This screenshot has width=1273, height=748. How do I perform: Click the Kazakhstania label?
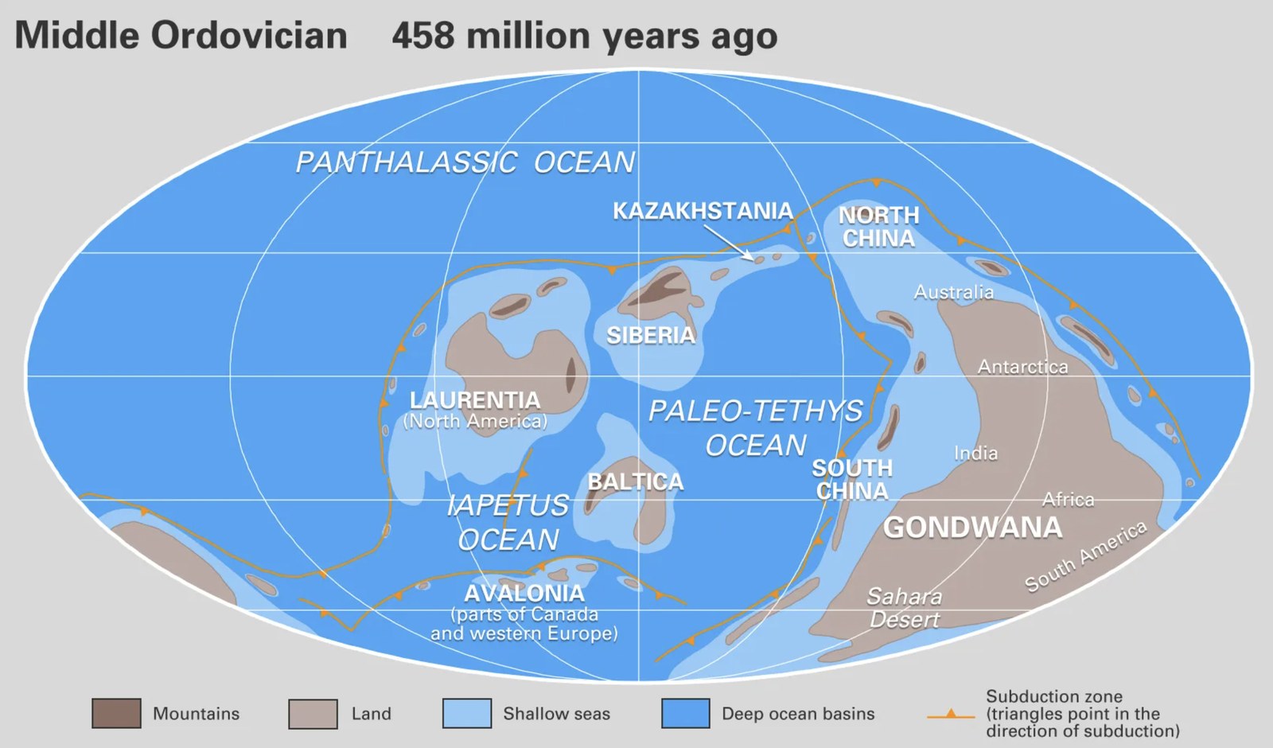click(x=703, y=211)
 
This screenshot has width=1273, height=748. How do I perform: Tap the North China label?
click(x=878, y=227)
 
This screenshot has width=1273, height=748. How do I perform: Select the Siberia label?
click(x=651, y=336)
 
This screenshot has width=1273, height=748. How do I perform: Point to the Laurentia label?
click(x=475, y=400)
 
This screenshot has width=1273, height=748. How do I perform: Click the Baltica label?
click(x=636, y=482)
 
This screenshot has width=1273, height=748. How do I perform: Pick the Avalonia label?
click(x=524, y=594)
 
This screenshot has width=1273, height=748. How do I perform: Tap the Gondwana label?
click(x=972, y=528)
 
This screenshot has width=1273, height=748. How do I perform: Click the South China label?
click(x=852, y=479)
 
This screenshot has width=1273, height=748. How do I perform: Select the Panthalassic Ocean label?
click(x=465, y=162)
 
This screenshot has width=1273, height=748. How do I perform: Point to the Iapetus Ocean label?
click(x=508, y=522)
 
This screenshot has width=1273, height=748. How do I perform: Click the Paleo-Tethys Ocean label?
click(x=756, y=427)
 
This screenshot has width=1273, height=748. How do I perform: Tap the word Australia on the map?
click(x=954, y=292)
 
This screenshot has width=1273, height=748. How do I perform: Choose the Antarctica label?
click(x=1023, y=367)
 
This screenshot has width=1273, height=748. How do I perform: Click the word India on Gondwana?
click(x=976, y=454)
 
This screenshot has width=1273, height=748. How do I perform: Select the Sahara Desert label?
click(x=905, y=607)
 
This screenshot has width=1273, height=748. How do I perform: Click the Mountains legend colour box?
click(x=116, y=714)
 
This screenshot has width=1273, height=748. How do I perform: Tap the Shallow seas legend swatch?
click(x=466, y=714)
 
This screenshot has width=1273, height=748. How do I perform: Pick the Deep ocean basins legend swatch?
click(x=685, y=714)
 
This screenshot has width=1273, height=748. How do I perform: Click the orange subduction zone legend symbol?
click(x=951, y=715)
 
